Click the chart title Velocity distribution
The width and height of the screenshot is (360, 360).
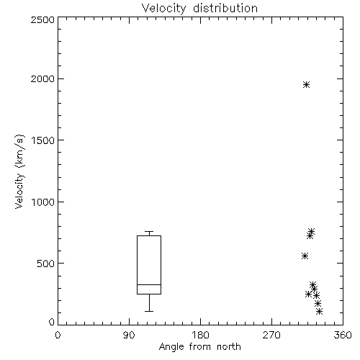[199, 8]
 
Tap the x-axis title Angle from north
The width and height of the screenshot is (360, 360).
[199, 347]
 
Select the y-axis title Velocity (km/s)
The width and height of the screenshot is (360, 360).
[19, 171]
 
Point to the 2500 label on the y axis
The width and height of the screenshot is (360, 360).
[42, 19]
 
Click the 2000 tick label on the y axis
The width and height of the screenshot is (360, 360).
[42, 78]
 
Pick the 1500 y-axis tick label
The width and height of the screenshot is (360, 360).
[43, 140]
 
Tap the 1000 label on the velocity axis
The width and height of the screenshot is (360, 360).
[43, 202]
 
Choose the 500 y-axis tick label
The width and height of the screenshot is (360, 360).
[46, 264]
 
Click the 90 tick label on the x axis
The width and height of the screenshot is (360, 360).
[129, 335]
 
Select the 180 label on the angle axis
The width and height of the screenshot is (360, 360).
[200, 335]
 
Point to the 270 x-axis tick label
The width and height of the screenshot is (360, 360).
[271, 335]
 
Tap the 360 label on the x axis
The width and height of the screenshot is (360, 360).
[343, 335]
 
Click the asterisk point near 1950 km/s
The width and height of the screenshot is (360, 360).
[306, 85]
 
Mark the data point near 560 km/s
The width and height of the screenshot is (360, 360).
[305, 256]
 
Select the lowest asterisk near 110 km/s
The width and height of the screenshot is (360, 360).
[319, 312]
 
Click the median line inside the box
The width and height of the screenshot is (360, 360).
[149, 284]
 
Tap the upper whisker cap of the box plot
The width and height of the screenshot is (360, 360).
[149, 232]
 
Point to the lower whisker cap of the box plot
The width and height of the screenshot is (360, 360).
[149, 311]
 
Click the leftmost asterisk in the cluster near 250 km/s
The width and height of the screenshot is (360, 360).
[308, 294]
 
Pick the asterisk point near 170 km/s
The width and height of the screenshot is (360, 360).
[318, 304]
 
